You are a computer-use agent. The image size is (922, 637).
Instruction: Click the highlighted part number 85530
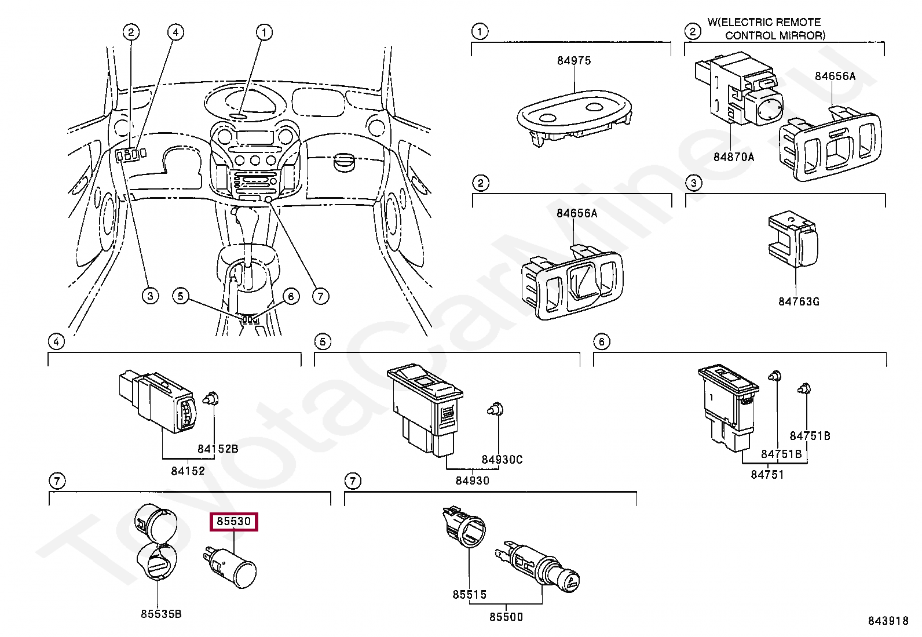[x=234, y=522]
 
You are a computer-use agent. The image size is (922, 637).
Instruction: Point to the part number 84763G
[x=799, y=301]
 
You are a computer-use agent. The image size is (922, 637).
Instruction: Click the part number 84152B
[x=217, y=449]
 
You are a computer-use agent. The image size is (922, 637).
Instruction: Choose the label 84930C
[x=502, y=460]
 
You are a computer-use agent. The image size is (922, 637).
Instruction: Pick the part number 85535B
[x=160, y=614]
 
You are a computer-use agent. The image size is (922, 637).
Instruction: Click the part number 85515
[x=469, y=595]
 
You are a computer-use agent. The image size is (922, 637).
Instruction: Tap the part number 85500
[x=506, y=617]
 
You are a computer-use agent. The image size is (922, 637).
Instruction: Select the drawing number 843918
[x=887, y=621]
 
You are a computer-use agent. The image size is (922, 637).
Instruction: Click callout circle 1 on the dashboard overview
[x=264, y=32]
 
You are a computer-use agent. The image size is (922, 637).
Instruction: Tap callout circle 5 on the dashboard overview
[x=181, y=296]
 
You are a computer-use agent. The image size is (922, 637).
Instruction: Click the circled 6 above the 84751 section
[x=601, y=342]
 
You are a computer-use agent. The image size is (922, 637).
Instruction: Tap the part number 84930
[x=471, y=481]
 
